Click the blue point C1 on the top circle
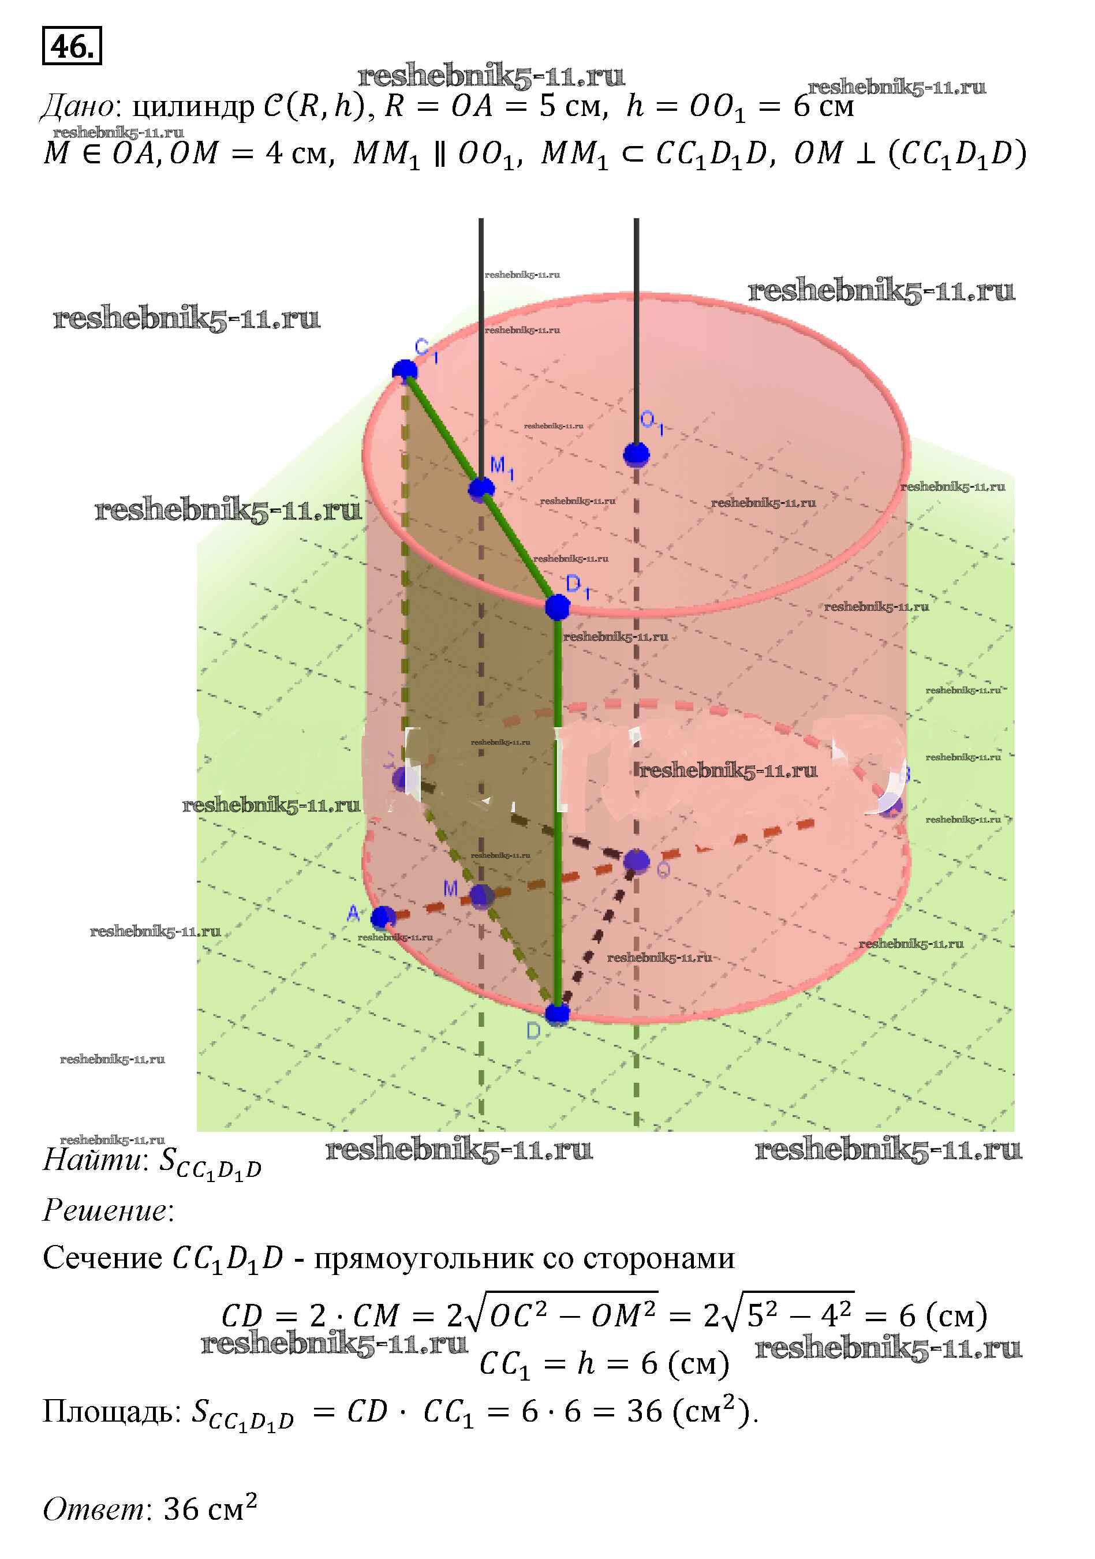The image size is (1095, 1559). (405, 371)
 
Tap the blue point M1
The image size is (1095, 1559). (481, 488)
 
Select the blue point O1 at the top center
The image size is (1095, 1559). (636, 454)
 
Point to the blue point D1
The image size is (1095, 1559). (558, 607)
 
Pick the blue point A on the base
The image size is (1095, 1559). (383, 917)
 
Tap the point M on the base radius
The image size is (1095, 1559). (482, 896)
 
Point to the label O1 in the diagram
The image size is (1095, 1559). (651, 422)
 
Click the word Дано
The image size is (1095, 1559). (77, 107)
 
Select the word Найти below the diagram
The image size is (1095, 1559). (94, 1160)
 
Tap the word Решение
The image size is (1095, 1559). (105, 1210)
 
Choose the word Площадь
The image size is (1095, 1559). (109, 1411)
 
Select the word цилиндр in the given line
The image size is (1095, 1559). (192, 107)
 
